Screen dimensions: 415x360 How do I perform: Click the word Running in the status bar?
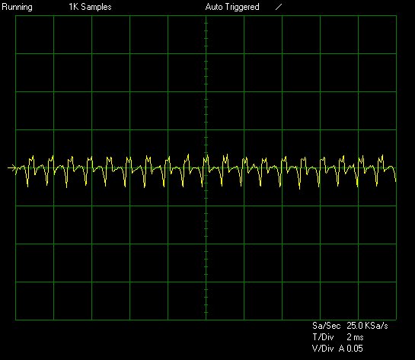point(17,7)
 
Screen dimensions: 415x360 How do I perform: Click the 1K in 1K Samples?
point(74,7)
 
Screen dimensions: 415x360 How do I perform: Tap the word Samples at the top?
point(96,7)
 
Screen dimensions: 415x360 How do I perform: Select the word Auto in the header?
point(214,7)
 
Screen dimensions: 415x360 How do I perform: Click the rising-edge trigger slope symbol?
point(279,7)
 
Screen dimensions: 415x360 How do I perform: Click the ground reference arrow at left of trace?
point(11,167)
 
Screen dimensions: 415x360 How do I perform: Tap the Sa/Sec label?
point(326,325)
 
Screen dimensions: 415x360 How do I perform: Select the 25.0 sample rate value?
point(355,325)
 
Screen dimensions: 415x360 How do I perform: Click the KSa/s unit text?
point(376,325)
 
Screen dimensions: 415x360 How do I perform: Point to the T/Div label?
point(323,337)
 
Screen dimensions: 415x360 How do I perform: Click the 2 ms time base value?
point(355,337)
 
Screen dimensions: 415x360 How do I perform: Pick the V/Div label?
point(323,349)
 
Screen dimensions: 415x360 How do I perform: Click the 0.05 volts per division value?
point(355,349)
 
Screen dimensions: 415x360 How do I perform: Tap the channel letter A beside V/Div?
point(342,349)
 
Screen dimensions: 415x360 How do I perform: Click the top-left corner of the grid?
point(16,16)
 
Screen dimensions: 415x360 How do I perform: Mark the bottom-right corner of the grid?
point(396,320)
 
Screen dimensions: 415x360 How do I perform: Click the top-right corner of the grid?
point(396,16)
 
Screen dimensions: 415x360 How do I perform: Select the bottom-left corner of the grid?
point(16,320)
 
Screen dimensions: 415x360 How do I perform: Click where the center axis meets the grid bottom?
point(206,320)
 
